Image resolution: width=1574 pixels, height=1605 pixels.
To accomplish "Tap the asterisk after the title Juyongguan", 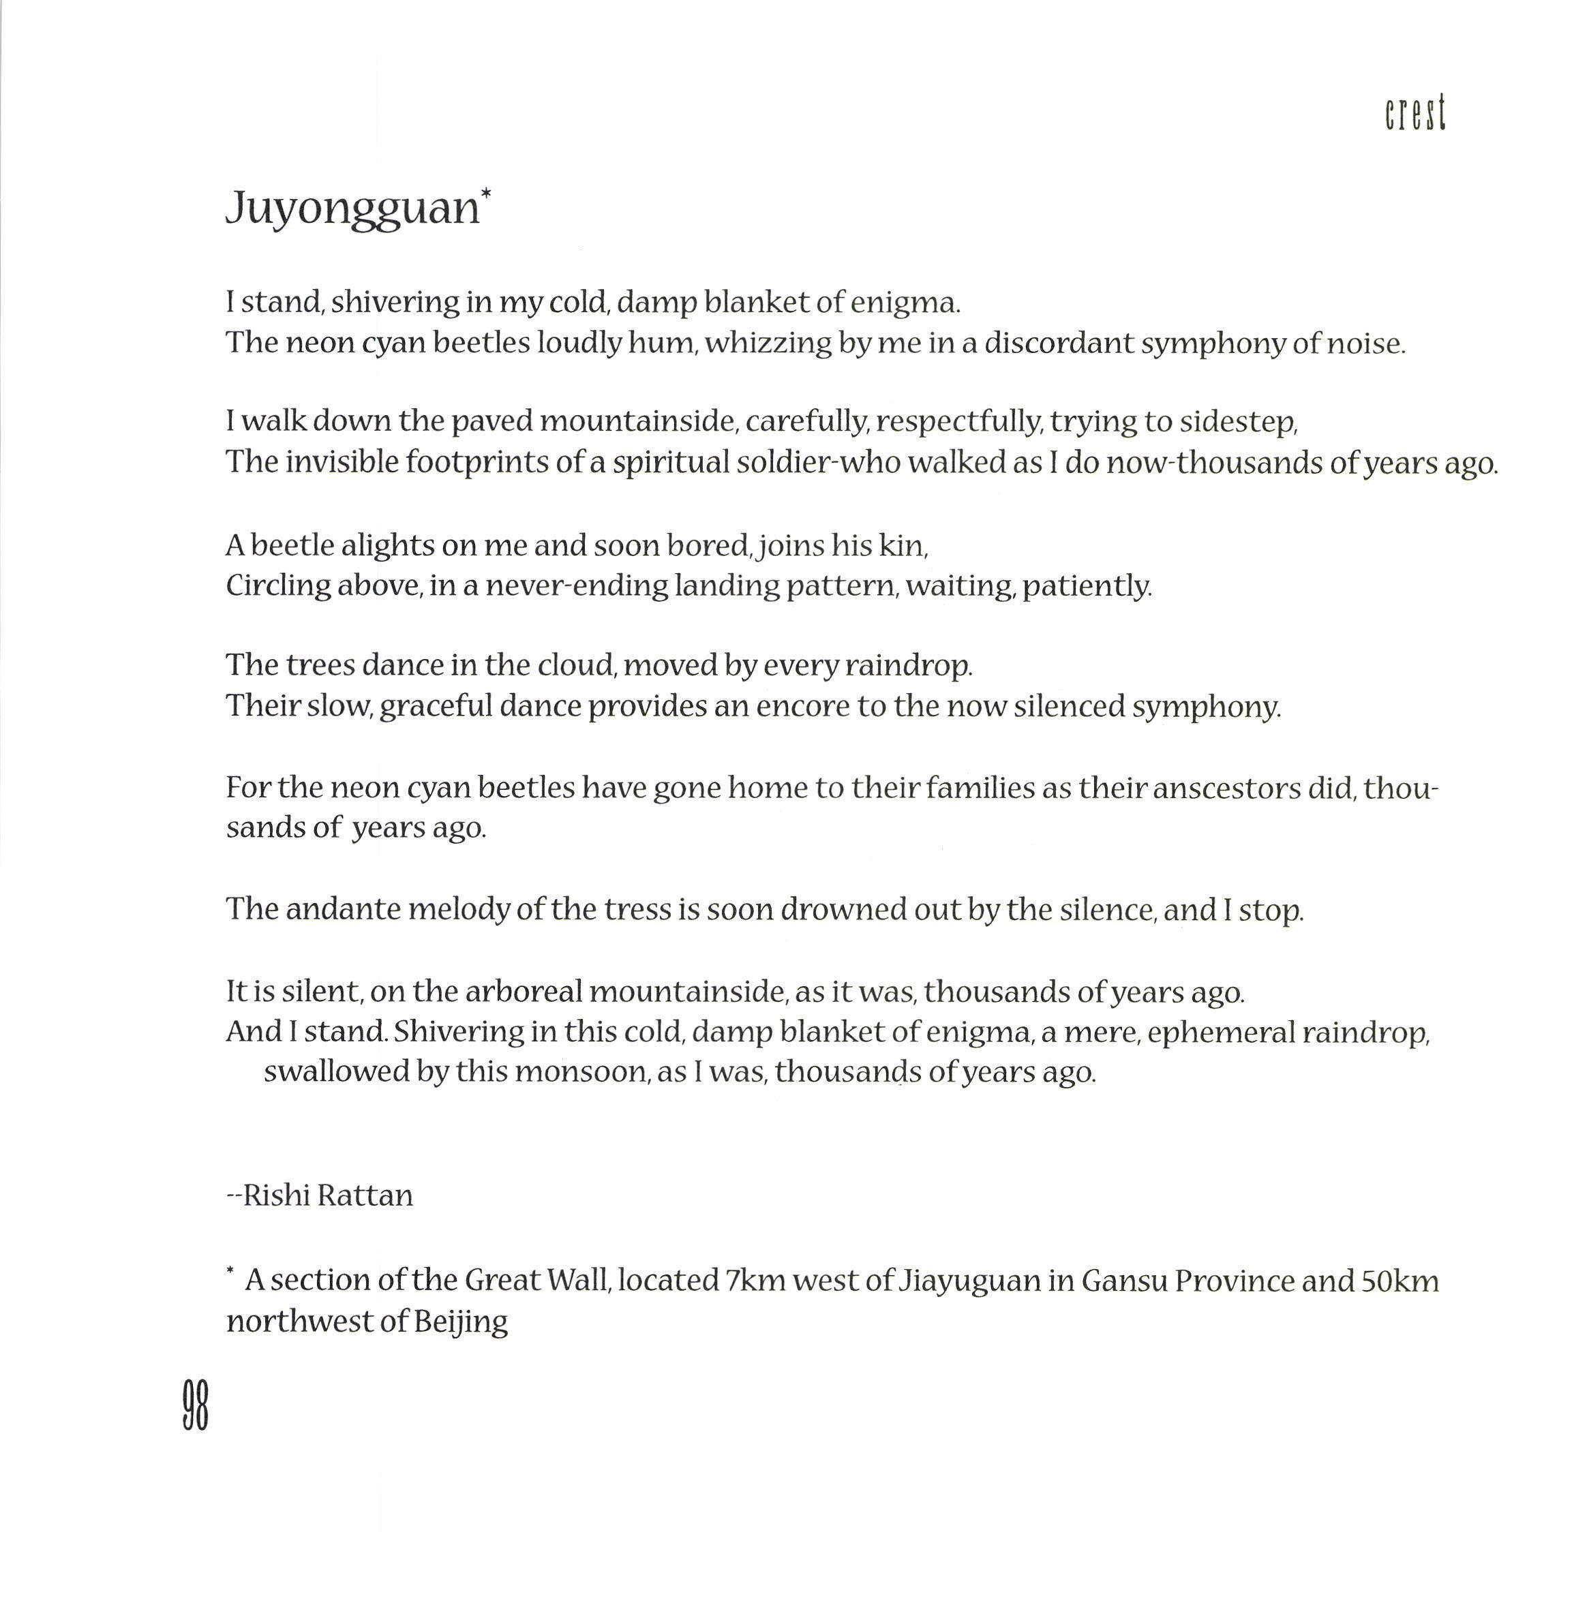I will [x=486, y=194].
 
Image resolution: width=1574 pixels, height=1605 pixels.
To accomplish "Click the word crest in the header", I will [x=1415, y=114].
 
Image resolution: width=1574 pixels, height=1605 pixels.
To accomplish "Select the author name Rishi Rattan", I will [x=327, y=1196].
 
